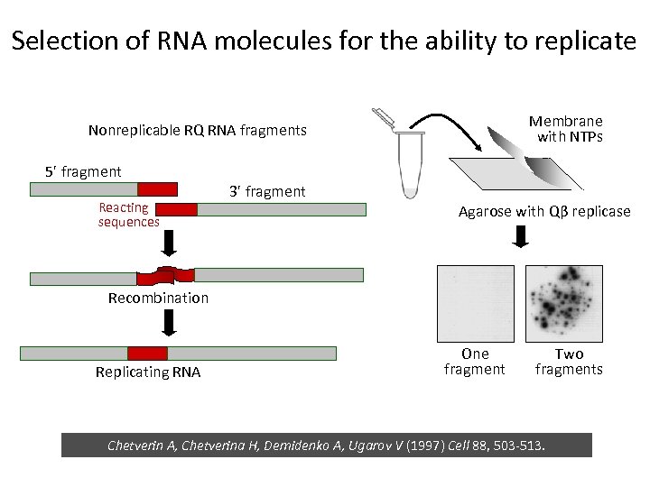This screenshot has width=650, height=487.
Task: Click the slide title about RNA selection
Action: click(324, 41)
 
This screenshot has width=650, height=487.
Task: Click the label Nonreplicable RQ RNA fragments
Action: click(198, 131)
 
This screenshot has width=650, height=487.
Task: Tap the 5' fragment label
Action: click(83, 171)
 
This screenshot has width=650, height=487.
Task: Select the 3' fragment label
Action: click(267, 191)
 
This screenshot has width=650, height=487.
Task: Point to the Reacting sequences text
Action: click(128, 215)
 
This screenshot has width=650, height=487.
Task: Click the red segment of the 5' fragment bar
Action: click(157, 188)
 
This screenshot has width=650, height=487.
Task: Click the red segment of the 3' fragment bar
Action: click(178, 209)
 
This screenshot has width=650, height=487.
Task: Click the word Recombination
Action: click(158, 298)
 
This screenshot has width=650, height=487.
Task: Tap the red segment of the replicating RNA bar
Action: click(147, 354)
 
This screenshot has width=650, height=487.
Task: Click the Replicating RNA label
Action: click(148, 372)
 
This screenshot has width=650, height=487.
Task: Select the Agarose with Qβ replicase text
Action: click(544, 212)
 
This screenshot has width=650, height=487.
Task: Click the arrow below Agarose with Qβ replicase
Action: click(522, 237)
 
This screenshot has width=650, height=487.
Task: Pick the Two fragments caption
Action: click(569, 362)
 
